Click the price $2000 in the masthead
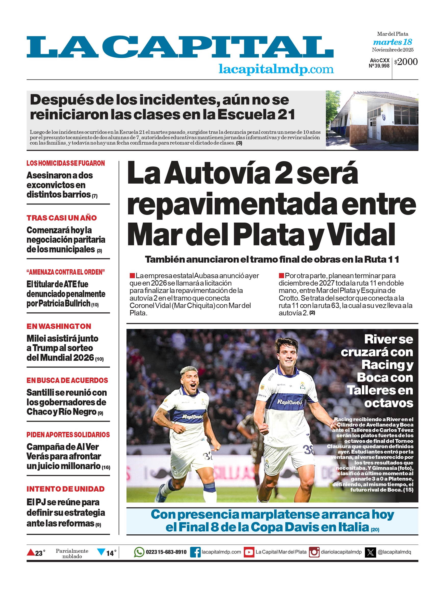pos(406,62)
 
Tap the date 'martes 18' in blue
pos(392,42)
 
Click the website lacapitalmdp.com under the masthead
pos(276,69)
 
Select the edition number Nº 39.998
pos(379,66)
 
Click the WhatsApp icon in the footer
pos(139,552)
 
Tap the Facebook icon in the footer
pos(195,552)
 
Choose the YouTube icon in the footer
pos(249,552)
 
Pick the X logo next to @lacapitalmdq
pos(370,552)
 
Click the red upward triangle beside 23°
pos(31,552)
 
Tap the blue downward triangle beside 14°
pos(101,551)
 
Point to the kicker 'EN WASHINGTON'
pos(59,326)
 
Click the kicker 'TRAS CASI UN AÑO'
pos(61,218)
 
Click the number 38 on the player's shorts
pos(308,450)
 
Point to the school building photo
pos(372,121)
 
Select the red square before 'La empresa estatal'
pos(132,275)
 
